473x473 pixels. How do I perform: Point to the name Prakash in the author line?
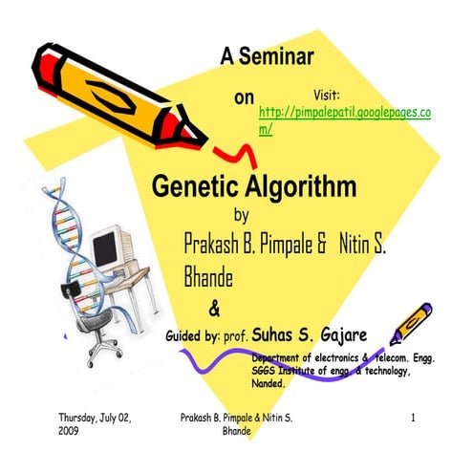pyautogui.click(x=213, y=244)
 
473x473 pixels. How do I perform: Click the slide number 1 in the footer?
pyautogui.click(x=412, y=419)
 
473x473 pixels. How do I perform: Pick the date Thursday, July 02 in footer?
pyautogui.click(x=96, y=419)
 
